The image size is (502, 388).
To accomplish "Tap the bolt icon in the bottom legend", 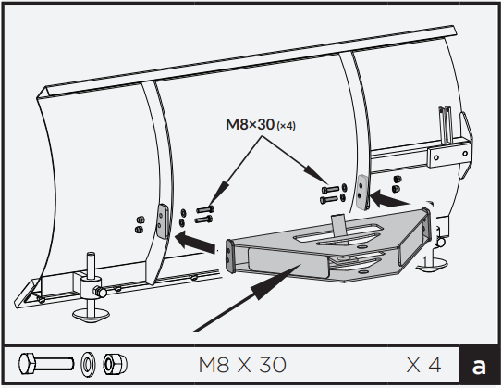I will pos(46,363).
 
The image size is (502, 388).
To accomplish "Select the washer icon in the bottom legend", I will pos(89,363).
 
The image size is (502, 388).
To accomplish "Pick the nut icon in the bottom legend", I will pos(114,363).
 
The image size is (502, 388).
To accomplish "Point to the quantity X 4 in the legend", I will pos(422,364).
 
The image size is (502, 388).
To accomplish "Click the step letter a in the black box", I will pos(478,365).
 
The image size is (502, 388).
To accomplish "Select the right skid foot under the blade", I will pos(434,265).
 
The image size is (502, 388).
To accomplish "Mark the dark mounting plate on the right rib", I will pos(361,192).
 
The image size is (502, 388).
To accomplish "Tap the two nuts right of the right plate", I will pos(397,182).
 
